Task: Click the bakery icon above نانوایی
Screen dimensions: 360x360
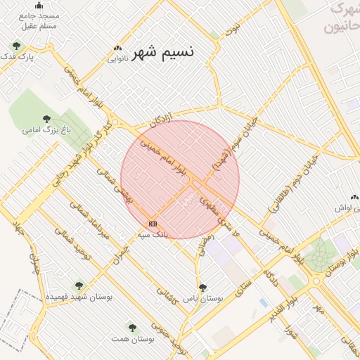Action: [x=117, y=49]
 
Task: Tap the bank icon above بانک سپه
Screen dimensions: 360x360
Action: [x=153, y=224]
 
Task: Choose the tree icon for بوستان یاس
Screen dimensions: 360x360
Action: [x=203, y=288]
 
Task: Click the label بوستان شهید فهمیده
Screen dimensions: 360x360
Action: [x=79, y=297]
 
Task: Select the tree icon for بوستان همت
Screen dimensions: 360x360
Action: [x=132, y=328]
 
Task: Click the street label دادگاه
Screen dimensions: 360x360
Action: [x=271, y=278]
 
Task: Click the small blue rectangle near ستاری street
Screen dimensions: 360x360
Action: [x=263, y=302]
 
